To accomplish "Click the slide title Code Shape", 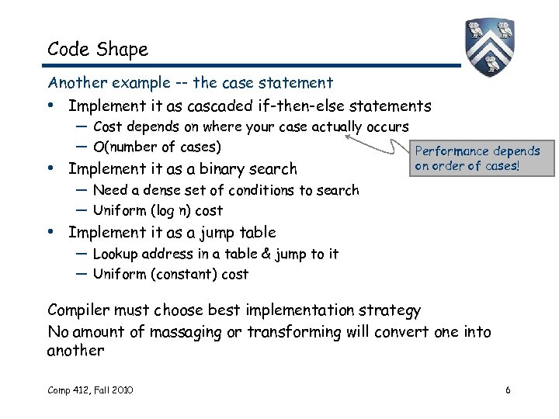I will point(97,50).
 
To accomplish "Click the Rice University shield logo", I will point(490,47).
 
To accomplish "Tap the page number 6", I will point(507,390).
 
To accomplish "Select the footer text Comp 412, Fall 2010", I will point(90,390).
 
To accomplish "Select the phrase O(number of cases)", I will point(157,147).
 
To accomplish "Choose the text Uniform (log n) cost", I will point(158,210).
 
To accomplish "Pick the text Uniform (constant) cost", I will point(171,274).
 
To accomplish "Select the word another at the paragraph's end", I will point(75,351).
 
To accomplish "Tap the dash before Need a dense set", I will point(82,190).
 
